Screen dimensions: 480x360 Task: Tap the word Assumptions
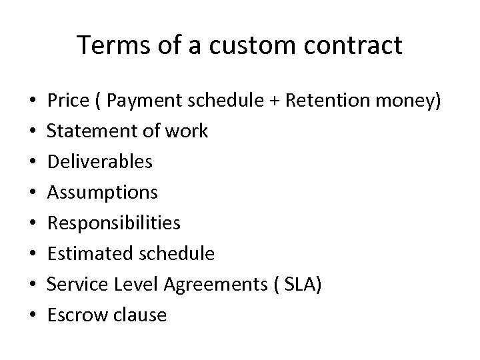[x=103, y=193]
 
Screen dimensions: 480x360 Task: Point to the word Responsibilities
[x=114, y=223]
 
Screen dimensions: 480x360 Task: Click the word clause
[x=139, y=315]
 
